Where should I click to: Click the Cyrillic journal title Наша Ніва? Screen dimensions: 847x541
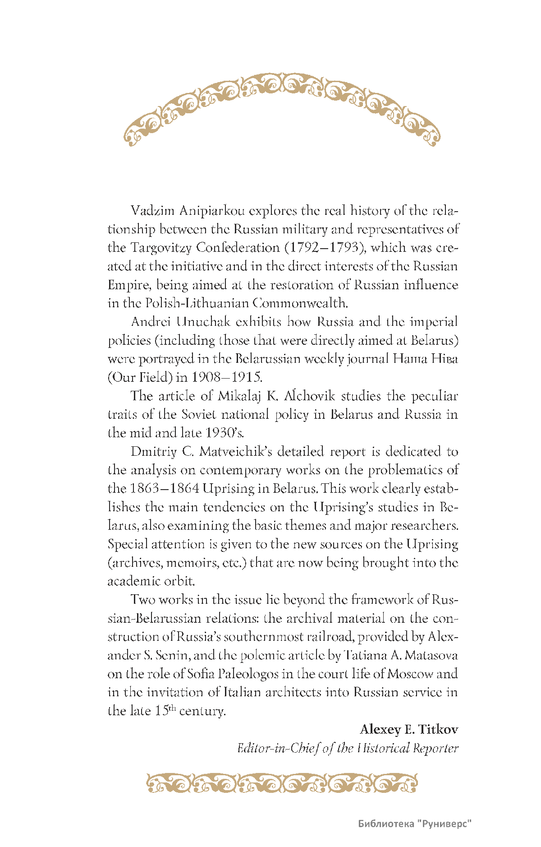pos(425,359)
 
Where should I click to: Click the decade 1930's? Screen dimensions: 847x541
pos(224,433)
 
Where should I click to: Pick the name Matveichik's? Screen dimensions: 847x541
pos(237,452)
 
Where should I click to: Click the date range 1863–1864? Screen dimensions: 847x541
pos(165,489)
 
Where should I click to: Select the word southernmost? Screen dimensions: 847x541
pos(264,637)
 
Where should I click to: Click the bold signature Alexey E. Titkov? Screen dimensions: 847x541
pos(409,729)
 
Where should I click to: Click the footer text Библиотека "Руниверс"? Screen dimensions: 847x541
pos(415,824)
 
